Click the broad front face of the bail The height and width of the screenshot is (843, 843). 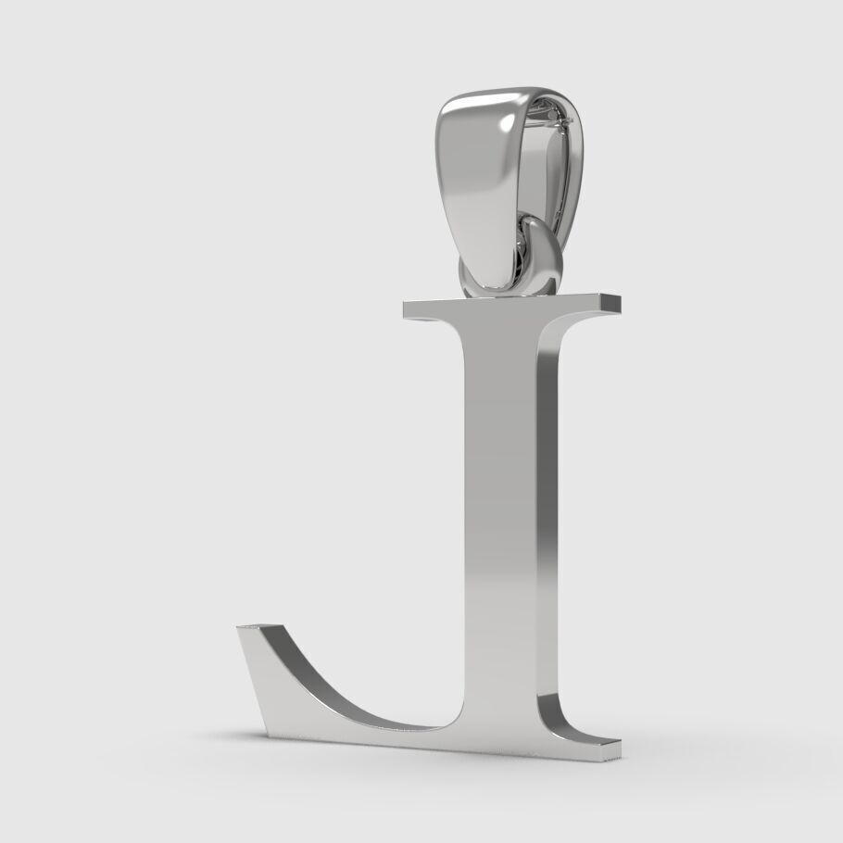pos(482,185)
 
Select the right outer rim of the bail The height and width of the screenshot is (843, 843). pos(580,176)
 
